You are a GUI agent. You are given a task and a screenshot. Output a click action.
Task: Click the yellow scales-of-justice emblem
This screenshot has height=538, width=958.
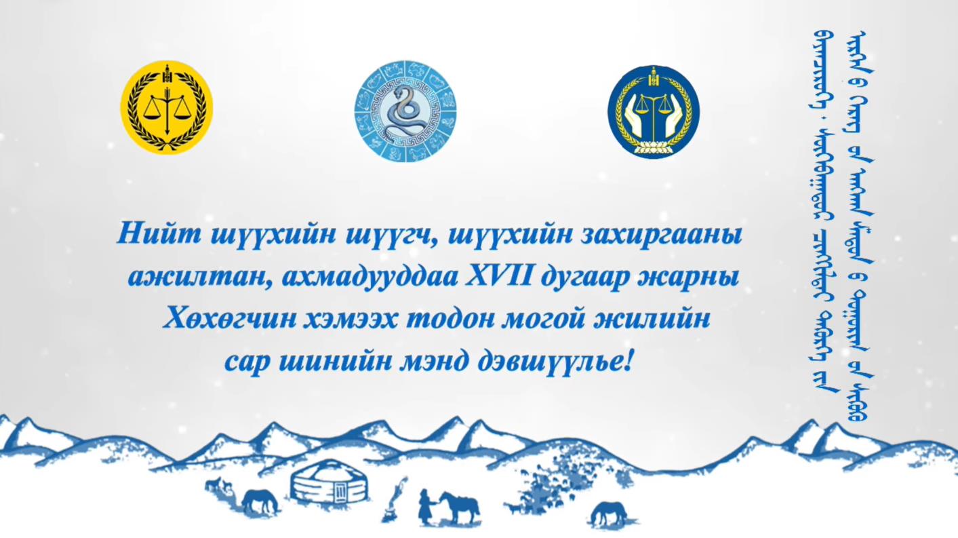pos(166,107)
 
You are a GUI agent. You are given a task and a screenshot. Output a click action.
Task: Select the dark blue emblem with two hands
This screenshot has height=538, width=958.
pos(653,112)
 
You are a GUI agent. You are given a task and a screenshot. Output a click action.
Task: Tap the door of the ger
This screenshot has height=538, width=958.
pos(340,493)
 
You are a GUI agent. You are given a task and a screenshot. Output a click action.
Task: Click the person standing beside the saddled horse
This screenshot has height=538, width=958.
pos(426,507)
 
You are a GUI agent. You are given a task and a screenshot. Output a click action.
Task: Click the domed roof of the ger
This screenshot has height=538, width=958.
pos(330,470)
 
